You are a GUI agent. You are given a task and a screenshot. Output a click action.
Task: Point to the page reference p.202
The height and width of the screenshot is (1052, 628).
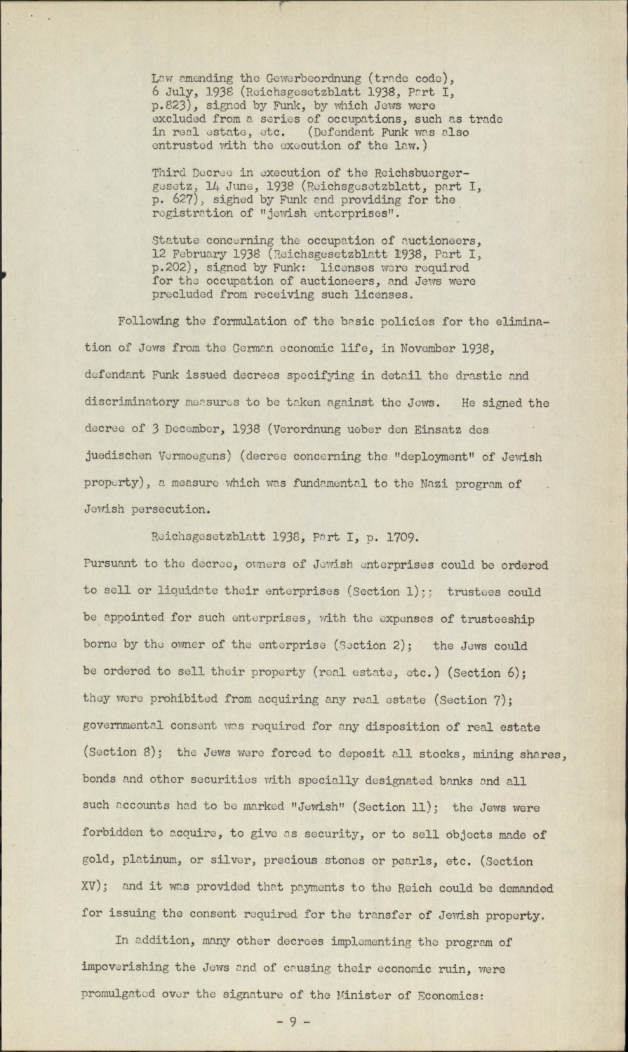tap(171, 267)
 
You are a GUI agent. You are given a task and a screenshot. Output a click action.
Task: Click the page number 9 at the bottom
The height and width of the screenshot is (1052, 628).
tap(293, 1023)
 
